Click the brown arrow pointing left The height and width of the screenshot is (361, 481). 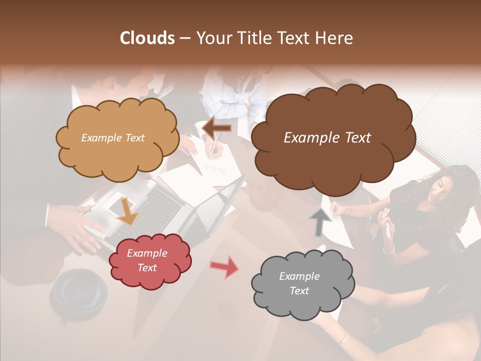217,128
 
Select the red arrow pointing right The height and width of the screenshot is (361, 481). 224,267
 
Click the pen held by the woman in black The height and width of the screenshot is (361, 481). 387,228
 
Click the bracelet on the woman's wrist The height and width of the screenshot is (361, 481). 389,249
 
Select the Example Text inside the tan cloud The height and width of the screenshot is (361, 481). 113,138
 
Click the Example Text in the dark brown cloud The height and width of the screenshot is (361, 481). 327,138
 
